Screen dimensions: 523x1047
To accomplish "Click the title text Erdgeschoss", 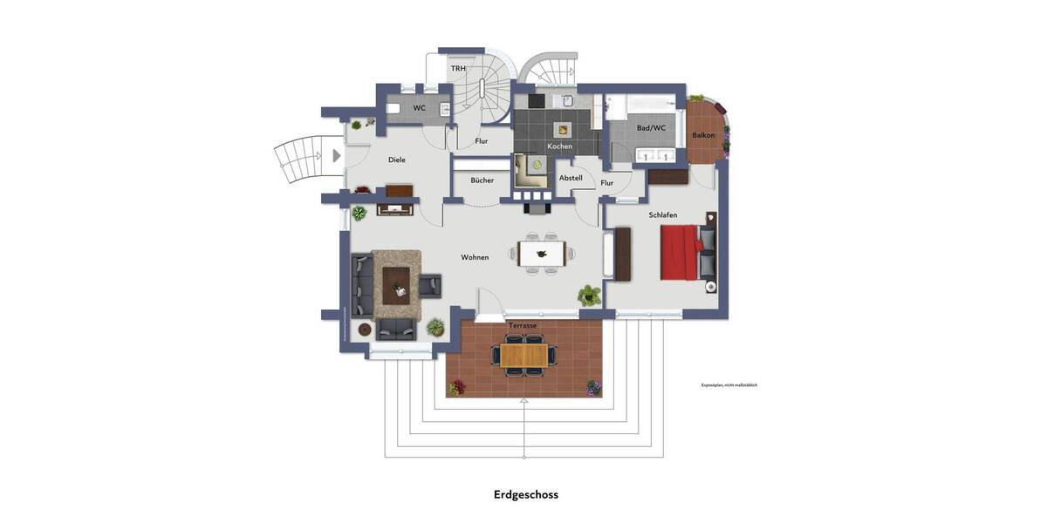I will [x=525, y=494].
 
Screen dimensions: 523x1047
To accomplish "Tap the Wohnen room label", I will [x=475, y=257].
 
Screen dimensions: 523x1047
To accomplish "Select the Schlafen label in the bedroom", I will [x=662, y=214].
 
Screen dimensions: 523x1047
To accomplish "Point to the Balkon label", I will [x=703, y=135].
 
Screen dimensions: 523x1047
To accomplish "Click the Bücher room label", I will [x=482, y=180].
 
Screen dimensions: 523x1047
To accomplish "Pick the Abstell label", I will [x=571, y=178].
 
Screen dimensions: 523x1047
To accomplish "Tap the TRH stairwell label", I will [x=458, y=68].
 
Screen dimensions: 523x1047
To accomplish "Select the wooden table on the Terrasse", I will [x=524, y=356].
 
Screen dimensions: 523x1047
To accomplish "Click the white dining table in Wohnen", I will [x=542, y=254].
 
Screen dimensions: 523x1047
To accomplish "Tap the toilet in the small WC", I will [x=393, y=109].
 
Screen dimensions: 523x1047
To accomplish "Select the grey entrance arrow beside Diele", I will [x=337, y=156].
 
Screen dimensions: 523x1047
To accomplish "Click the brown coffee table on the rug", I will [x=396, y=281].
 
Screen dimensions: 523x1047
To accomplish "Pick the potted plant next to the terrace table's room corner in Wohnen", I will [x=590, y=295].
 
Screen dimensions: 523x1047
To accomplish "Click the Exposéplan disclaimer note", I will [x=729, y=384].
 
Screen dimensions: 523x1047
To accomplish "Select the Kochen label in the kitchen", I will [x=559, y=146].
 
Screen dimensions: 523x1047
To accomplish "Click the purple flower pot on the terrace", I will [x=593, y=386].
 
